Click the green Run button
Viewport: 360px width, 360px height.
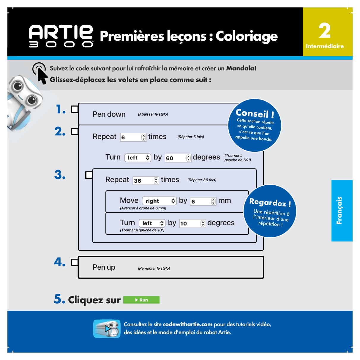(x=141, y=300)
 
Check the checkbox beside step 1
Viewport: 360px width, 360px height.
(x=75, y=109)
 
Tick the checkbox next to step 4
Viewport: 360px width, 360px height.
(x=75, y=262)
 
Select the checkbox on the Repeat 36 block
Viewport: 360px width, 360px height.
(x=89, y=175)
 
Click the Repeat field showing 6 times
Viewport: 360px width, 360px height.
(x=133, y=137)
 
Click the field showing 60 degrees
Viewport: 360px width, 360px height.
(x=178, y=158)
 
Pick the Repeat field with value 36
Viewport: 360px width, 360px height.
(x=146, y=181)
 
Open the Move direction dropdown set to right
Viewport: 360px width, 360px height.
(x=159, y=201)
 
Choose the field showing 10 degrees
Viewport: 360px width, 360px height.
(x=192, y=223)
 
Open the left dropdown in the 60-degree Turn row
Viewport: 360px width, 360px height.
(x=138, y=158)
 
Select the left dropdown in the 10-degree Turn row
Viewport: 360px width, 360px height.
(x=152, y=223)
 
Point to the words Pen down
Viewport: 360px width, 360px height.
(x=109, y=114)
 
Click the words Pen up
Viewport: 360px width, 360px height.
(x=104, y=267)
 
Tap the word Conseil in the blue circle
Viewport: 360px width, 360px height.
(x=252, y=113)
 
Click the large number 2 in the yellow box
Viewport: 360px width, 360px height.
(x=325, y=31)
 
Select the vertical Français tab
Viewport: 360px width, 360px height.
(x=342, y=211)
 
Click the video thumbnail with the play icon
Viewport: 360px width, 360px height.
(x=107, y=329)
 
